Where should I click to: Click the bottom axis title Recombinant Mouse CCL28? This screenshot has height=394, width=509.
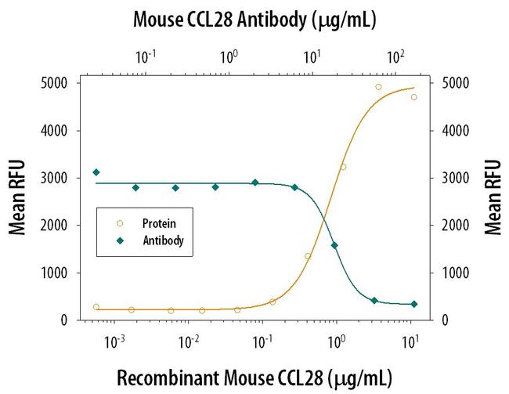(254, 376)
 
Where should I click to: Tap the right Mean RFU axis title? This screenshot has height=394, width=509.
(493, 199)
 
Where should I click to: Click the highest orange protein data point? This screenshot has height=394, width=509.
(378, 87)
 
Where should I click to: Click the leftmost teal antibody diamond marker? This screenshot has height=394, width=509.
(96, 172)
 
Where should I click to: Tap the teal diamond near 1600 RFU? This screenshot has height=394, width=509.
(334, 245)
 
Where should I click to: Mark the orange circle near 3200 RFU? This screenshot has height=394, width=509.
(343, 167)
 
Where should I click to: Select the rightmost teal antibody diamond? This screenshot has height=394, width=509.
(414, 304)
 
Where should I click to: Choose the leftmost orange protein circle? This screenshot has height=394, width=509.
(96, 307)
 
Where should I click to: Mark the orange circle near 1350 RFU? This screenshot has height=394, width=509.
(308, 256)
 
